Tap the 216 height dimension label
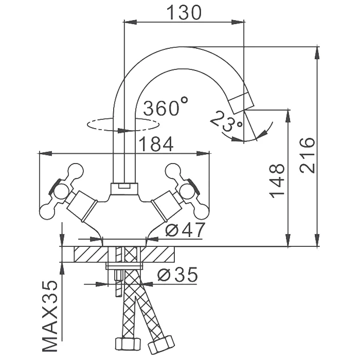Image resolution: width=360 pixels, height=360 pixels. tap(307, 155)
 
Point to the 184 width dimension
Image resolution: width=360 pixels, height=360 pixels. tap(156, 144)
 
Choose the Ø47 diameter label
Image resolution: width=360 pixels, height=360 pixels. tap(185, 229)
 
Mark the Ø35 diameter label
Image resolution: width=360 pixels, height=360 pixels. tap(177, 274)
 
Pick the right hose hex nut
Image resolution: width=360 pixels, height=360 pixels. tap(160, 345)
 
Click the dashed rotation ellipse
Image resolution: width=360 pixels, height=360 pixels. tap(123, 124)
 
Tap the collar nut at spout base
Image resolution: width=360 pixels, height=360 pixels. tap(124, 189)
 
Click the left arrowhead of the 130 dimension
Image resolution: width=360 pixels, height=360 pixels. tap(130, 22)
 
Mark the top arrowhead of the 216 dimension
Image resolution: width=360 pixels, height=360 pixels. tap(317, 53)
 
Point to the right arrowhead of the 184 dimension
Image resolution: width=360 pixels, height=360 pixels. tap(204, 153)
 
